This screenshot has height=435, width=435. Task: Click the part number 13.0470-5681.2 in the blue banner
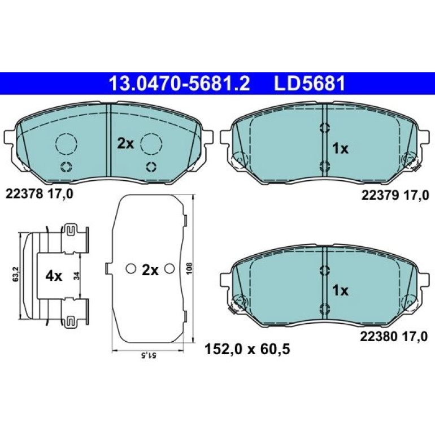tap(180, 83)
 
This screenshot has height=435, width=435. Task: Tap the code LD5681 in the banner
tap(310, 83)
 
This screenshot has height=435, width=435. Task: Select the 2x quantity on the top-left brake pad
tap(125, 143)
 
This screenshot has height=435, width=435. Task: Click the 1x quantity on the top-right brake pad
tap(340, 149)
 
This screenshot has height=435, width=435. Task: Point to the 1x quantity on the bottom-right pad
tap(340, 291)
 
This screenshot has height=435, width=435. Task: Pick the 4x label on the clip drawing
tap(54, 276)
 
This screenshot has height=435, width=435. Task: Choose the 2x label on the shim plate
tap(150, 270)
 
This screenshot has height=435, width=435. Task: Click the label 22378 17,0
tap(40, 194)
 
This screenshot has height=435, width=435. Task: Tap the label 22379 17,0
tap(395, 195)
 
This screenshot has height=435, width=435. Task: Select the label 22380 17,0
tap(394, 337)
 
